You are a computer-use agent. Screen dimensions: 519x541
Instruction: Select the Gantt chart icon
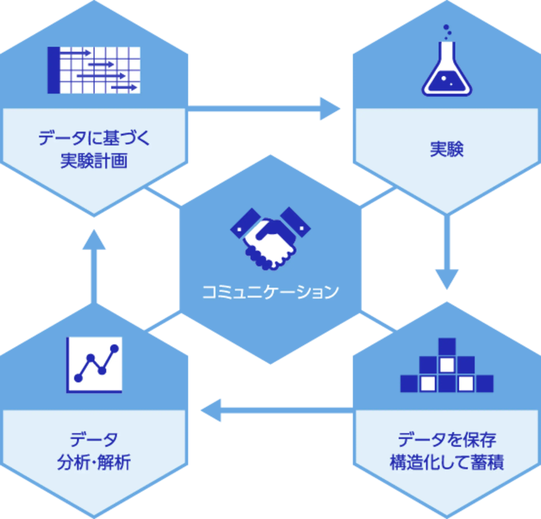(94, 70)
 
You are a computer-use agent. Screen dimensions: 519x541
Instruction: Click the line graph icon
(94, 365)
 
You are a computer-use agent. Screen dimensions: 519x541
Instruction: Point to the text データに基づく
(94, 138)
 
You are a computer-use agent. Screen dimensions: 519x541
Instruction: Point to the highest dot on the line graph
(114, 349)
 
